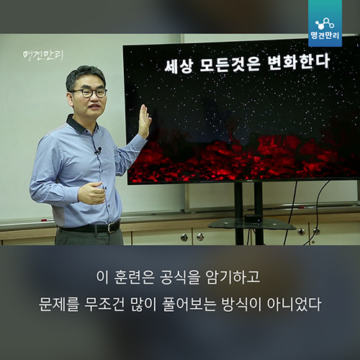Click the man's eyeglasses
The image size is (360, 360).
(89, 93)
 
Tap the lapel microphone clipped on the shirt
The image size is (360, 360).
(99, 150)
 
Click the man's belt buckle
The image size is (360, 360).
(113, 227)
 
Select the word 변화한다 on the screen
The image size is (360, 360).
(299, 61)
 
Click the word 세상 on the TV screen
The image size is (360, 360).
(179, 66)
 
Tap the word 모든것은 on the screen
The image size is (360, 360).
(230, 64)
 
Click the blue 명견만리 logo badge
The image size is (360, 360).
(325, 23)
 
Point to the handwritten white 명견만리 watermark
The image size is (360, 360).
(43, 56)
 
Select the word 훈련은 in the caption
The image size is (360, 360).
(134, 277)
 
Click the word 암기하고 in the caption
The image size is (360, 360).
(233, 277)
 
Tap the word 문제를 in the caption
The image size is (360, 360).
(59, 304)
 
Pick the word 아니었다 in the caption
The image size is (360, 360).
(294, 304)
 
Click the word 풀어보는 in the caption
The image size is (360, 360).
(189, 304)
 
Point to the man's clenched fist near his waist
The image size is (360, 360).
(92, 193)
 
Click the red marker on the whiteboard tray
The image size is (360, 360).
(47, 220)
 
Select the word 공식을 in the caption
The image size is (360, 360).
(180, 277)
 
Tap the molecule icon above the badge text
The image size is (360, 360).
(325, 24)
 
